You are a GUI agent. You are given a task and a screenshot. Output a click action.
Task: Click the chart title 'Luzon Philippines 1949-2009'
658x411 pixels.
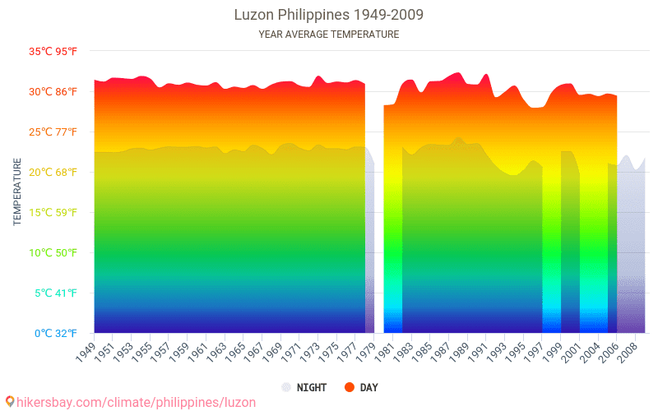pyautogui.click(x=329, y=15)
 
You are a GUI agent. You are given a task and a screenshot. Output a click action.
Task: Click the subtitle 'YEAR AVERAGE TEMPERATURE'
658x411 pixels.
pyautogui.click(x=329, y=35)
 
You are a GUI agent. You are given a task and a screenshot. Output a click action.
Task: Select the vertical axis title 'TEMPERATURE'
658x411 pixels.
pyautogui.click(x=17, y=192)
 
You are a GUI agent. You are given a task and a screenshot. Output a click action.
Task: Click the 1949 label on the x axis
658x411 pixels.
pyautogui.click(x=86, y=351)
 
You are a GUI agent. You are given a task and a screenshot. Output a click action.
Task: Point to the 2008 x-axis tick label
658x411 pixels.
pyautogui.click(x=628, y=351)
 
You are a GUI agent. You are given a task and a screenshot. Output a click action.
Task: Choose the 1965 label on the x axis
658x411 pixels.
pyautogui.click(x=235, y=351)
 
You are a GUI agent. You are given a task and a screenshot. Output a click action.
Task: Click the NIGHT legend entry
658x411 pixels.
pyautogui.click(x=304, y=387)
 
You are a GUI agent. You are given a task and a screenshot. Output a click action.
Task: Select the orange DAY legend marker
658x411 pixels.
pyautogui.click(x=350, y=387)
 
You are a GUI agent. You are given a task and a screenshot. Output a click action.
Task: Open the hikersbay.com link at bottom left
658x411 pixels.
pyautogui.click(x=130, y=402)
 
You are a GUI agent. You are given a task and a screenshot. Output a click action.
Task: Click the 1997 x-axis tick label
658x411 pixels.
pyautogui.click(x=534, y=351)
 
